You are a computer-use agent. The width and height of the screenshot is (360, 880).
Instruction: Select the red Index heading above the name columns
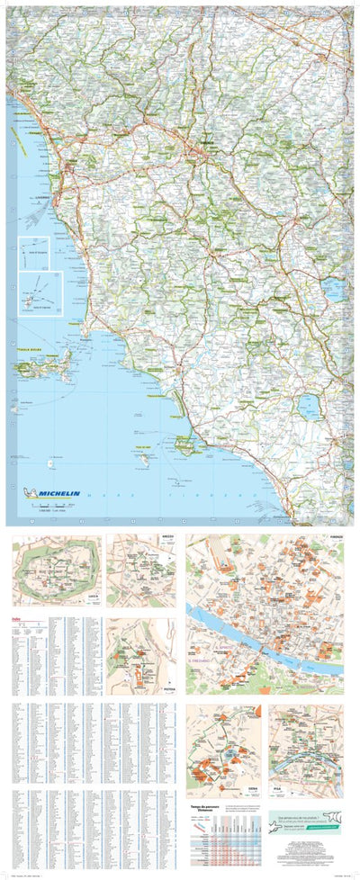15,618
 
